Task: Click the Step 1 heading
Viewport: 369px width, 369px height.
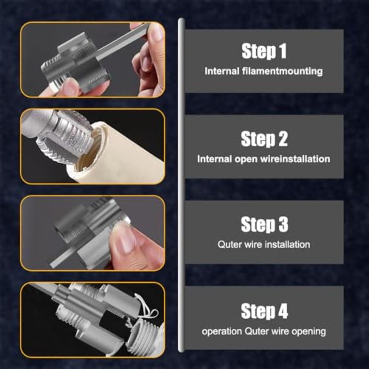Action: tap(264, 51)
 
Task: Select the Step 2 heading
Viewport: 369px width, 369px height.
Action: tap(264, 139)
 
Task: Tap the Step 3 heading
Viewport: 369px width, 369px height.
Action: tap(264, 225)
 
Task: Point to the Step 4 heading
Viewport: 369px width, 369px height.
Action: tap(264, 311)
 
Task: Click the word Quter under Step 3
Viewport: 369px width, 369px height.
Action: tap(229, 244)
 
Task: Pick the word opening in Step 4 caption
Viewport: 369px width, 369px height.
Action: tap(308, 331)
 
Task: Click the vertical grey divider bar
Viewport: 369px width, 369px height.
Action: tap(181, 184)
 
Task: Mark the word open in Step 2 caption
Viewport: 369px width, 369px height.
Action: tap(246, 159)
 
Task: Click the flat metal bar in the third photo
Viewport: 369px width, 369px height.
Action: tap(74, 258)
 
